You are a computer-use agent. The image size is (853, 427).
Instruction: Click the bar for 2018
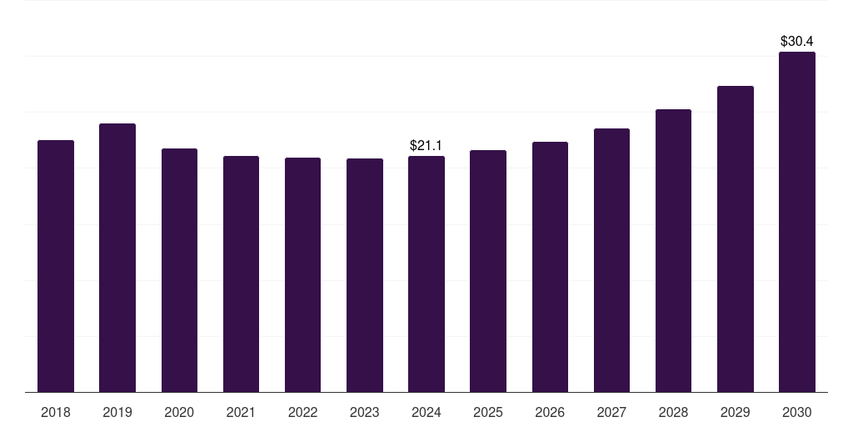[56, 266]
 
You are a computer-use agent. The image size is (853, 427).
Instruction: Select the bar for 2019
[117, 258]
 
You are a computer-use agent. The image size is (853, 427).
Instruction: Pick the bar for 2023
[365, 275]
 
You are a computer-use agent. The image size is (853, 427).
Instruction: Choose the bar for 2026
[550, 267]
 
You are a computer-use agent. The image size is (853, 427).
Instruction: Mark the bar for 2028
[673, 250]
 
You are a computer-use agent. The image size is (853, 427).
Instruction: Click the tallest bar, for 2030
[797, 222]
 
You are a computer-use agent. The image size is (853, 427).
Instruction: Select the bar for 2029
[736, 239]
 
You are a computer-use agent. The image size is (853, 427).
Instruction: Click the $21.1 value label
[426, 146]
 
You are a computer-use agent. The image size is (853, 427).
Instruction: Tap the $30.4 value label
[797, 41]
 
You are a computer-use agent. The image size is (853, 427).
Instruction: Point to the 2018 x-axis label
[56, 412]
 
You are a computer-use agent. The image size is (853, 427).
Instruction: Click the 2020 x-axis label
[179, 412]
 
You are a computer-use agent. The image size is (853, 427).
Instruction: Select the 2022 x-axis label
[302, 412]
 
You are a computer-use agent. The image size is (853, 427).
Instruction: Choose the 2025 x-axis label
[488, 412]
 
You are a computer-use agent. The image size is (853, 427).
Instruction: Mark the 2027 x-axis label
[611, 412]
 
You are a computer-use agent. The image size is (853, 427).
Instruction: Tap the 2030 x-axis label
[797, 412]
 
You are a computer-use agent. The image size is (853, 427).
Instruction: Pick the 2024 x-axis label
[426, 412]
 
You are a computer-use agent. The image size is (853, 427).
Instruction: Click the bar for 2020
[179, 270]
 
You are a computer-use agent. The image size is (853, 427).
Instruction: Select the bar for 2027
[611, 260]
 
